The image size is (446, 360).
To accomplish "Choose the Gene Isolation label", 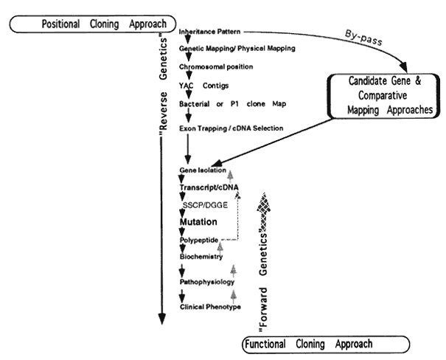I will [202, 170].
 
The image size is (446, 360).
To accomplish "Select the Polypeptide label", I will [198, 240].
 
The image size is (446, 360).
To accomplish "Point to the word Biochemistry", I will [202, 257].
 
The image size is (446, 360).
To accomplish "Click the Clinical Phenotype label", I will [210, 306].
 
